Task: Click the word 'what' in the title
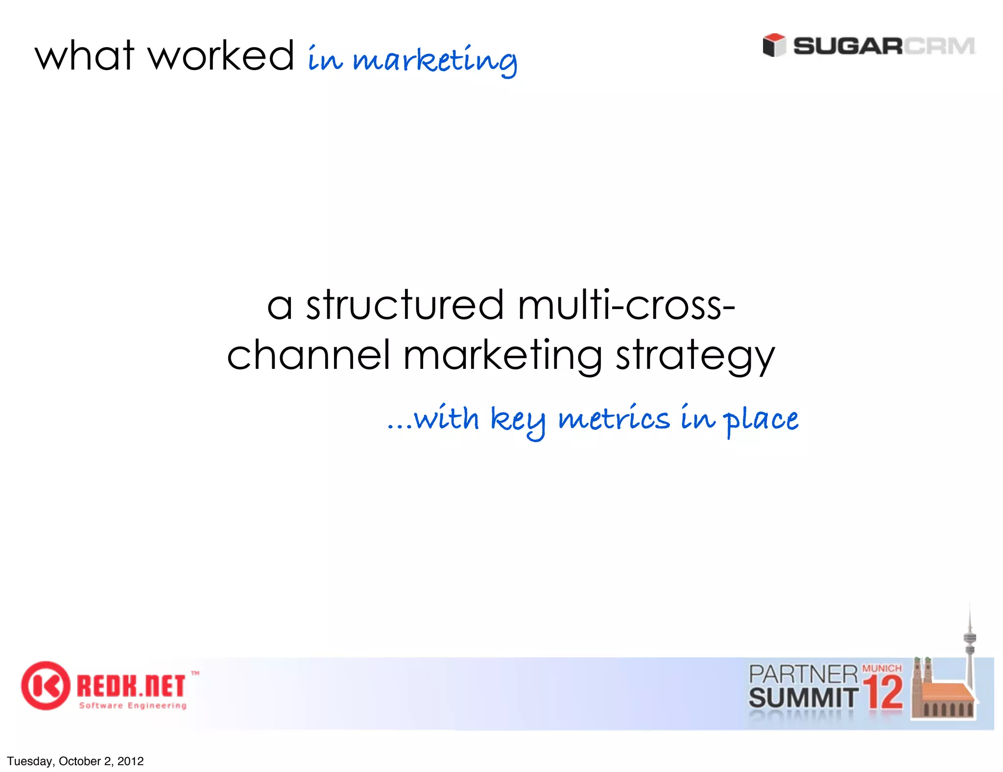click(x=84, y=56)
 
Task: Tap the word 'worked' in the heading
click(x=221, y=56)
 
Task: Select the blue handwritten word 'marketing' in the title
click(x=434, y=61)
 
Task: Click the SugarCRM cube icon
click(x=774, y=46)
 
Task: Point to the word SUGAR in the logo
click(x=848, y=47)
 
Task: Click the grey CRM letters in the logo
click(x=939, y=47)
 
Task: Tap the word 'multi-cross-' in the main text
click(x=626, y=305)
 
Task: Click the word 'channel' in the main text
click(x=309, y=355)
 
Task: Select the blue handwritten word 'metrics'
click(x=614, y=420)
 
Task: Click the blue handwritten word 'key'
click(x=518, y=421)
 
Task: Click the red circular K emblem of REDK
click(x=45, y=686)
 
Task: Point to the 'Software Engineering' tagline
click(x=133, y=706)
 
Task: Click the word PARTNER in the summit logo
click(x=803, y=675)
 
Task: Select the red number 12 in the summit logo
click(x=883, y=693)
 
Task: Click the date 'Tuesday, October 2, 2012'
click(x=75, y=761)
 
